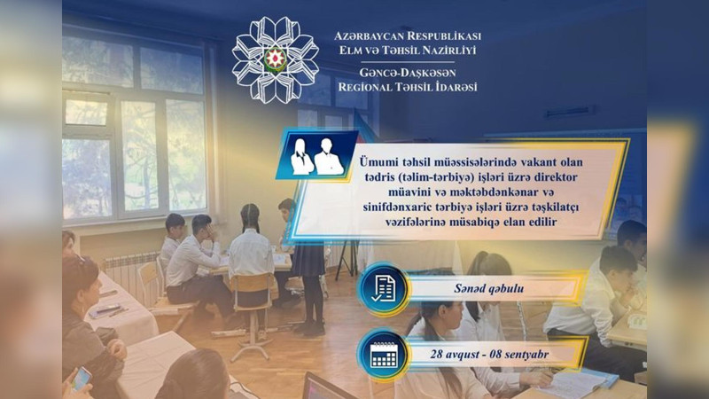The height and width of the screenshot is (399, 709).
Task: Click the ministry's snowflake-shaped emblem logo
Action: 275,59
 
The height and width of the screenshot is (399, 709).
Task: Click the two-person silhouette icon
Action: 316,155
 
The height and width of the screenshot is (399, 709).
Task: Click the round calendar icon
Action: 383,354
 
